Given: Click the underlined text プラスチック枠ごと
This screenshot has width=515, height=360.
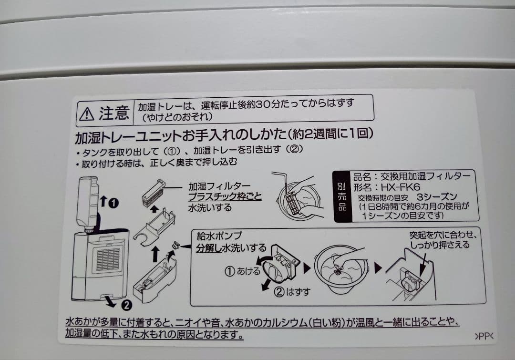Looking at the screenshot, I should [225, 197].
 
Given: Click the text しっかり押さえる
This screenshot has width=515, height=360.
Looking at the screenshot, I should [439, 245].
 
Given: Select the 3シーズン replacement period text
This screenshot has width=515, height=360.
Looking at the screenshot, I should [436, 197].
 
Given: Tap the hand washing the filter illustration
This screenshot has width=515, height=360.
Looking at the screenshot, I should [298, 195].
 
